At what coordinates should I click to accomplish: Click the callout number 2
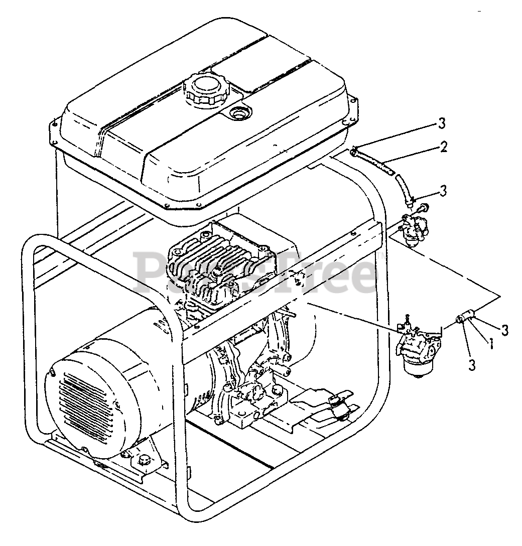click(x=443, y=147)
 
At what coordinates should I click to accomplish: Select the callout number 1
click(x=490, y=343)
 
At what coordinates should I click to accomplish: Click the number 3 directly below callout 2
click(x=442, y=191)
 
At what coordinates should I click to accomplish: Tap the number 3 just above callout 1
click(x=504, y=330)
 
